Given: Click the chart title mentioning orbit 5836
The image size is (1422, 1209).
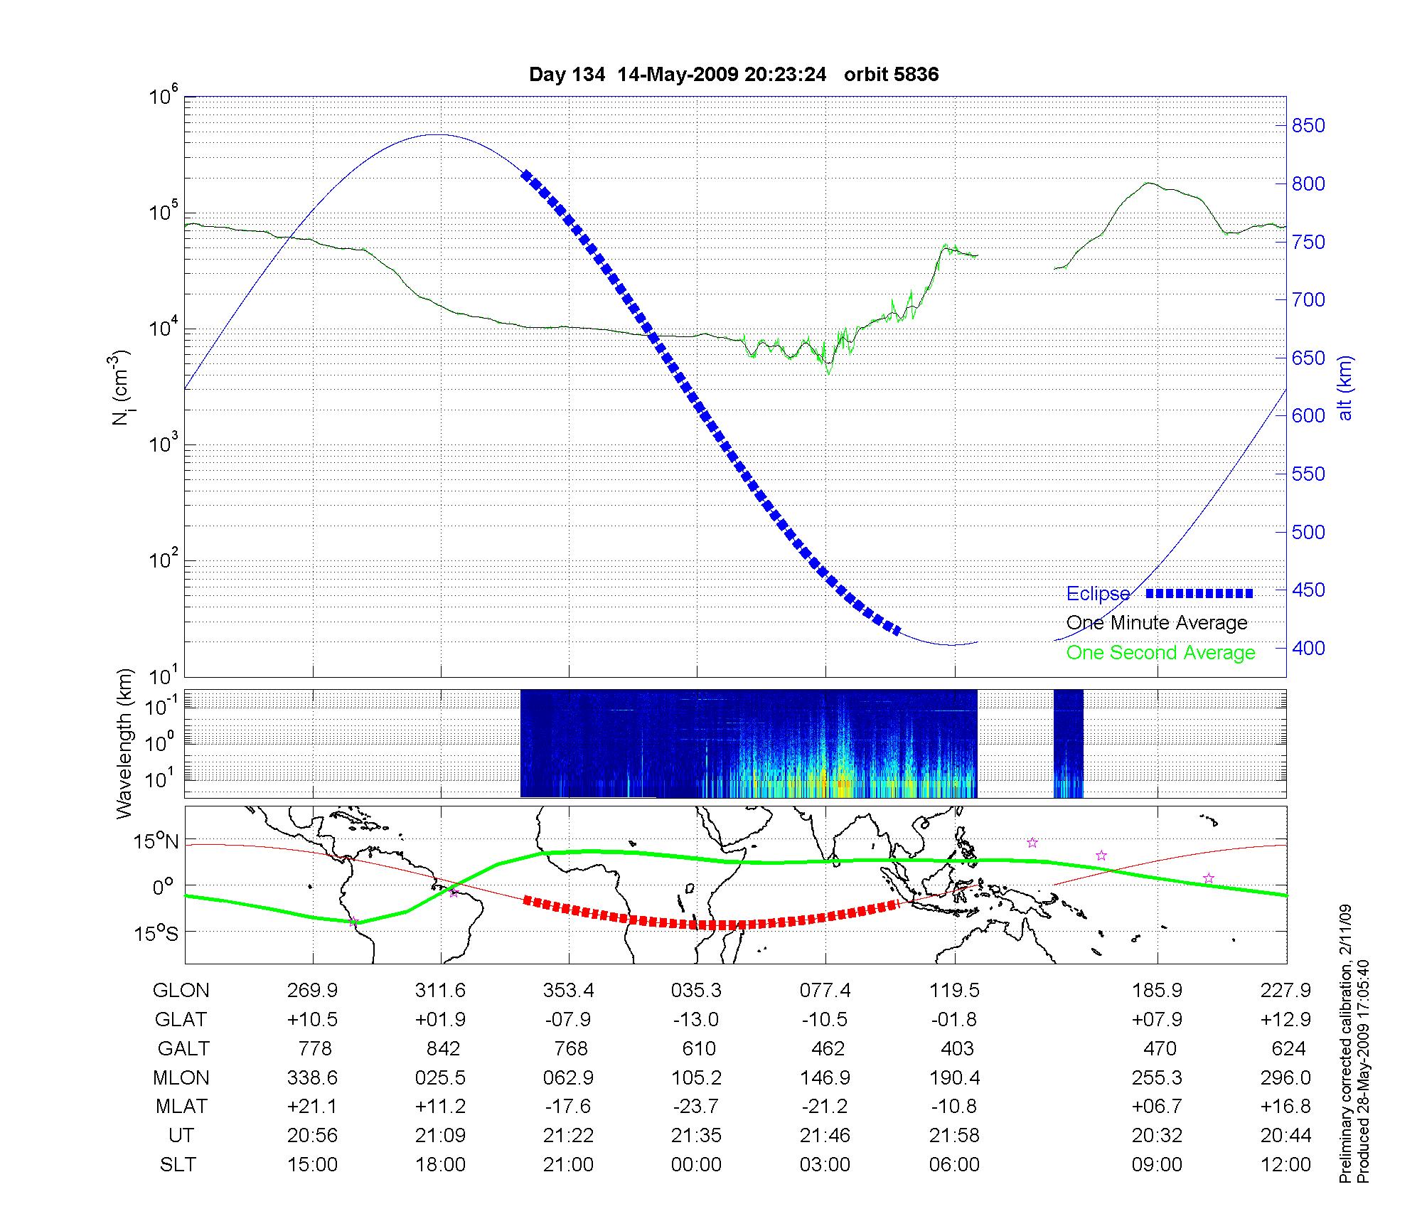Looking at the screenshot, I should [x=734, y=75].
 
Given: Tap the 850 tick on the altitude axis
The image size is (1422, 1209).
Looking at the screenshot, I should [x=1308, y=126].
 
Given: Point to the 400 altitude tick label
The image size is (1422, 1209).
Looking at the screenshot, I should [x=1308, y=648].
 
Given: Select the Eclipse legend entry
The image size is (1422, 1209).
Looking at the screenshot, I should [x=1098, y=594].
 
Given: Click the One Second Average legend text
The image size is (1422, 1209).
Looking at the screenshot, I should [x=1160, y=653].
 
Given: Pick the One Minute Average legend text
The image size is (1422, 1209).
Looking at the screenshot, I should [x=1157, y=623].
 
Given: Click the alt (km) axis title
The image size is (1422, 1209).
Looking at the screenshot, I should [x=1345, y=388].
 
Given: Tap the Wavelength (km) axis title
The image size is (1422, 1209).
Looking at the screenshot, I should [x=125, y=743].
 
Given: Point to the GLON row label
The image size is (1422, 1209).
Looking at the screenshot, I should [x=181, y=991].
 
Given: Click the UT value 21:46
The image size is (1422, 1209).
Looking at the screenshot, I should [x=825, y=1136].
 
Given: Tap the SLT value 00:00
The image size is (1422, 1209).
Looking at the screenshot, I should [x=696, y=1165].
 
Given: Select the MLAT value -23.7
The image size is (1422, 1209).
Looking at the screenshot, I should [x=696, y=1107].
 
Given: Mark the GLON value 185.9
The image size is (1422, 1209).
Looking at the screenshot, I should [x=1157, y=991].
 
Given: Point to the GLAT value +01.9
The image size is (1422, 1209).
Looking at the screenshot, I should [x=441, y=1020].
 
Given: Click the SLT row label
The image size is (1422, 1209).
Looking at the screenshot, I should [x=178, y=1165].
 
